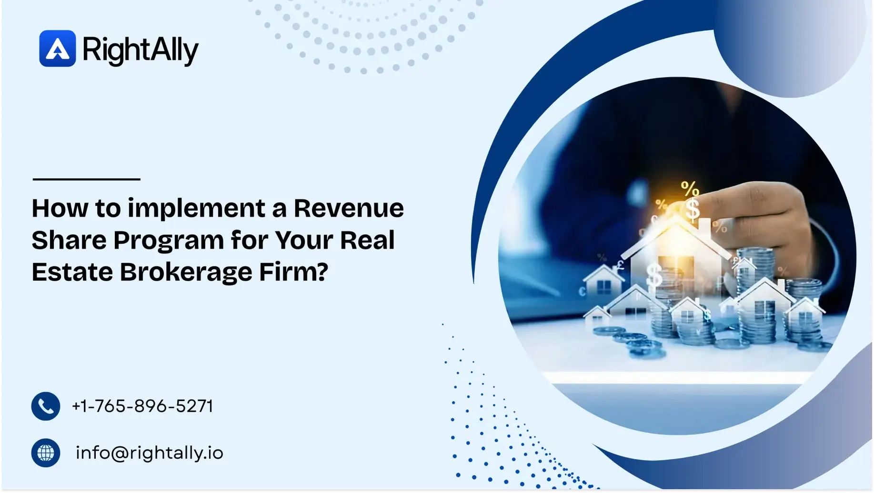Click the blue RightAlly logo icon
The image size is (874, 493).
click(57, 49)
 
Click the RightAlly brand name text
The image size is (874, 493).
click(140, 50)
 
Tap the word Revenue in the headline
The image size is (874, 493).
click(348, 208)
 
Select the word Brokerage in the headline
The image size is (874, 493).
click(186, 272)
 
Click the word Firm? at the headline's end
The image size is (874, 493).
click(293, 272)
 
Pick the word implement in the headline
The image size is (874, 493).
click(196, 209)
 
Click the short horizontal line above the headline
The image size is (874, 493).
click(86, 179)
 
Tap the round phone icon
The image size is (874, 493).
click(46, 406)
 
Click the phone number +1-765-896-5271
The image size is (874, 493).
click(142, 406)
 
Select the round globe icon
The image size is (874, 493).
click(46, 453)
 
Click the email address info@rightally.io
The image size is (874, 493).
click(149, 453)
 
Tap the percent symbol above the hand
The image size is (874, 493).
click(689, 189)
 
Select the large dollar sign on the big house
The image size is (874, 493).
click(654, 275)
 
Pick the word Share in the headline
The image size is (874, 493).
click(68, 240)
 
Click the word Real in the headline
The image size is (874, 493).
click(367, 240)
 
